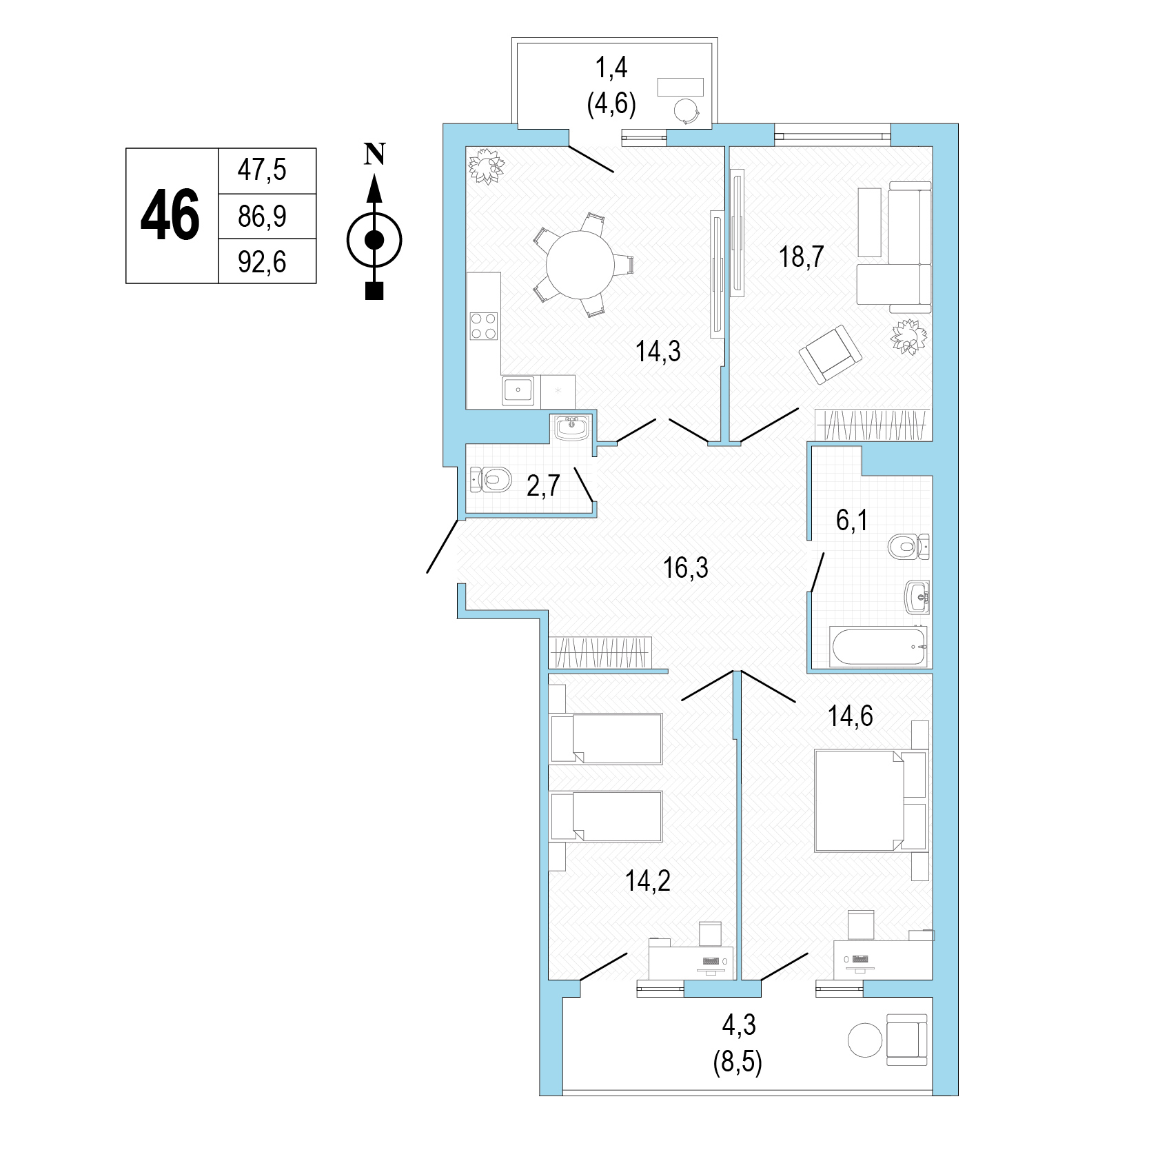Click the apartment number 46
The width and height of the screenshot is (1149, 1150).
coord(170,215)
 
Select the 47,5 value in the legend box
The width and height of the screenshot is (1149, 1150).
coord(261,170)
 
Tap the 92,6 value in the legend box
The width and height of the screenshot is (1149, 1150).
coord(261,262)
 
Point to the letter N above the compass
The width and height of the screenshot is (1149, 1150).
coord(374,154)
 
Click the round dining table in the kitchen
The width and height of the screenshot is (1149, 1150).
coord(580,264)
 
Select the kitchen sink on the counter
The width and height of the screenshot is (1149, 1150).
coord(518,391)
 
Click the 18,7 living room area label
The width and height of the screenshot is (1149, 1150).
coord(802,257)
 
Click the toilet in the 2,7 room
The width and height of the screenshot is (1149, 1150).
coord(491,479)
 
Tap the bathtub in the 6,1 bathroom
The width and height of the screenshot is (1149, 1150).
coord(879,646)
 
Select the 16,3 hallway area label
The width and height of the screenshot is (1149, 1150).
coord(685,568)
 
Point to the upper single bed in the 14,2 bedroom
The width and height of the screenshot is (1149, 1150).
coord(607,738)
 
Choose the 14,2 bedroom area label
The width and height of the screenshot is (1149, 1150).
coord(648,880)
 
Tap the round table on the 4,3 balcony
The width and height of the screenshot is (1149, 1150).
coord(865,1040)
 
